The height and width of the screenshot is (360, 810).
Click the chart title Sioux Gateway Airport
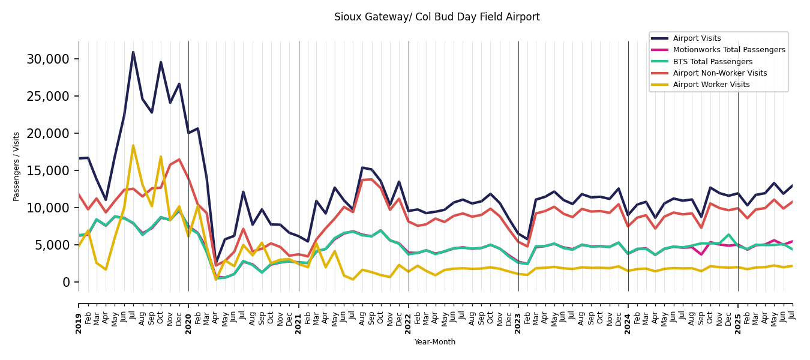437,17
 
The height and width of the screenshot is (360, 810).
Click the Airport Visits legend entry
697,38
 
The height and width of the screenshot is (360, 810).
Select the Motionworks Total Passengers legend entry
728,50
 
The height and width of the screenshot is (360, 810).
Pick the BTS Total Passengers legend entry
712,62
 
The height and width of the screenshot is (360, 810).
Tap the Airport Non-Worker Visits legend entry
719,73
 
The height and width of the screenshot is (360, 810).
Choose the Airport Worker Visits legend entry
711,85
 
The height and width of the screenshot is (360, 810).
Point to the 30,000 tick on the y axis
48,59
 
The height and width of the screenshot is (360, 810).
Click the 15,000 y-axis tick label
48,170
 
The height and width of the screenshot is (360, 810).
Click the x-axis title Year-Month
435,342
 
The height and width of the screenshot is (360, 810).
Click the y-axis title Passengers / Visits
17,166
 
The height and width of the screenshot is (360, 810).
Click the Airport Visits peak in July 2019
133,52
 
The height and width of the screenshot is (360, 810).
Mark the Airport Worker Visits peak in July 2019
133,145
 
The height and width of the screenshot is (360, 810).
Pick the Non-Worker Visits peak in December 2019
179,160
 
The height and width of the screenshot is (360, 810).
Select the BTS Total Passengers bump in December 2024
728,235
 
